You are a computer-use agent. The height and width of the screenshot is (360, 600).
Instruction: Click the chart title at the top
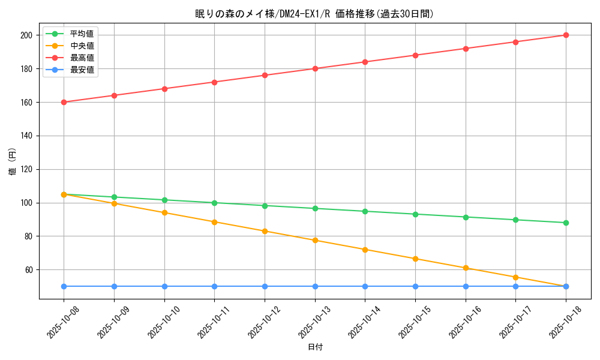[314, 14]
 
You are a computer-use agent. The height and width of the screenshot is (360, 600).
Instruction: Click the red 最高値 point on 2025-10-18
[566, 35]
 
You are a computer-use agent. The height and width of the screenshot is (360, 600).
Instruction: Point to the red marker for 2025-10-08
[64, 102]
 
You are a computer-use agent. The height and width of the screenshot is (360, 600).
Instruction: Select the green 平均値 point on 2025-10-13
[315, 208]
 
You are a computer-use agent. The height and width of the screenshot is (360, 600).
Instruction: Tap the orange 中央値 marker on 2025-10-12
[265, 231]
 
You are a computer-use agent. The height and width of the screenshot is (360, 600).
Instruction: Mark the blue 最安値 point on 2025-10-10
[164, 286]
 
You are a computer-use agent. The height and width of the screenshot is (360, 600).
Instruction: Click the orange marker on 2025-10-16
[466, 268]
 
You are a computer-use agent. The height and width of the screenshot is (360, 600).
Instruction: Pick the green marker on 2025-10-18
[566, 223]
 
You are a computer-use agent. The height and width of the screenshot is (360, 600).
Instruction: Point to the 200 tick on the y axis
[26, 35]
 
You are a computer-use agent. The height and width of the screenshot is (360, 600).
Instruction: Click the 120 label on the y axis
[26, 169]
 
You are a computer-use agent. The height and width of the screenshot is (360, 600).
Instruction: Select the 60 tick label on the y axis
[28, 270]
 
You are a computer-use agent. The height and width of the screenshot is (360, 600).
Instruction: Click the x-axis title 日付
[315, 347]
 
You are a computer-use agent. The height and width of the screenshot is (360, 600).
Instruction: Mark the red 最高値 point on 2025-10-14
[365, 62]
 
